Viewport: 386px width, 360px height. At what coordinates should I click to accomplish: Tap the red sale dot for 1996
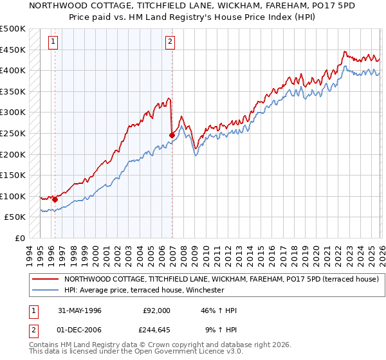coord(55,199)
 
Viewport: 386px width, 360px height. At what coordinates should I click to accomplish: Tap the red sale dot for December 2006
coord(172,135)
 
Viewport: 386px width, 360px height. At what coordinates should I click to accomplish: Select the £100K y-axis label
coord(13,196)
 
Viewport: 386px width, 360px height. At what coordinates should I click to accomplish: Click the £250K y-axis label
coord(13,133)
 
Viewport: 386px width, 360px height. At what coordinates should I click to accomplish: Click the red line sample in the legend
coord(46,280)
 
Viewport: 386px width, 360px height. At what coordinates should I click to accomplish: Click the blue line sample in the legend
coord(46,290)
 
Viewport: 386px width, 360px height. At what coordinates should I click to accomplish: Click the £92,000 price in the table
coord(157,310)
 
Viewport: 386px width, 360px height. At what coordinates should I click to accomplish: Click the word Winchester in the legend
coord(201,290)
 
